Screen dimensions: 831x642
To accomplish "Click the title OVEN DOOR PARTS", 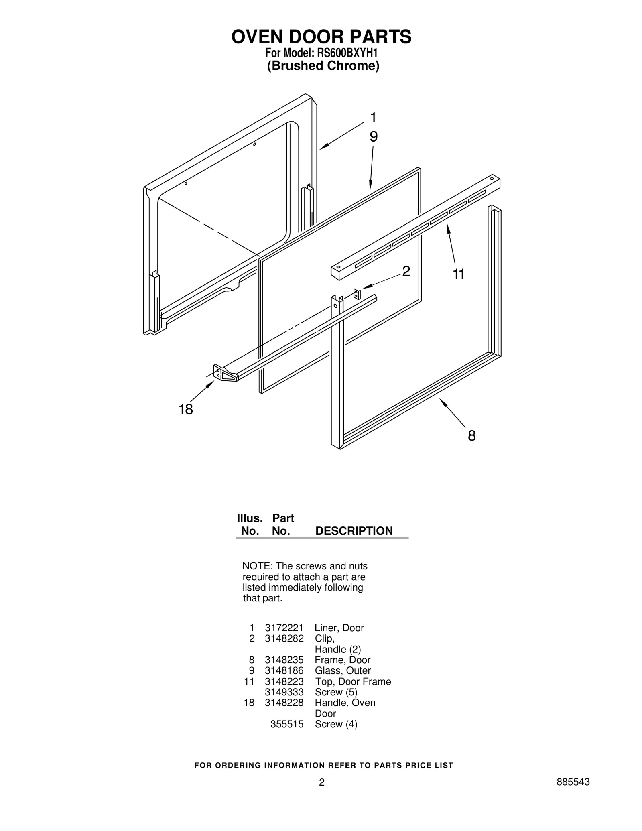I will coord(321,37).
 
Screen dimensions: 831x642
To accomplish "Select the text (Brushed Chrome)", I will coord(323,66).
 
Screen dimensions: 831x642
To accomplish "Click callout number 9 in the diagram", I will coord(373,137).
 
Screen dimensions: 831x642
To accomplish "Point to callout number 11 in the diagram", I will coord(458,274).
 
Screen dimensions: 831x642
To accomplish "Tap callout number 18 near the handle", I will coord(186,410).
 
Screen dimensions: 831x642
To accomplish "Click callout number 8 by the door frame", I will coord(471,435).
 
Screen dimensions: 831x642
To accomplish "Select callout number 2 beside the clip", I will coord(406,272).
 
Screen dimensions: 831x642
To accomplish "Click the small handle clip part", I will coord(357,294).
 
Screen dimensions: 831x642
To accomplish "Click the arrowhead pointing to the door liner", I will coord(323,147).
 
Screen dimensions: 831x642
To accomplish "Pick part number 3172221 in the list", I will coord(284,628).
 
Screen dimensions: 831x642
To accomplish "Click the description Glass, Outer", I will coord(343,670).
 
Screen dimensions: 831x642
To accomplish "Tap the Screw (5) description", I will coord(336,692).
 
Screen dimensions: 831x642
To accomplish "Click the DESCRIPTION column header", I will coord(354,531).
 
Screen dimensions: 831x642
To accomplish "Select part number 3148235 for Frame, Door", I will coord(284,660).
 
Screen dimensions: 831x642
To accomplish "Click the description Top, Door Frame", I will coord(353,681).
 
